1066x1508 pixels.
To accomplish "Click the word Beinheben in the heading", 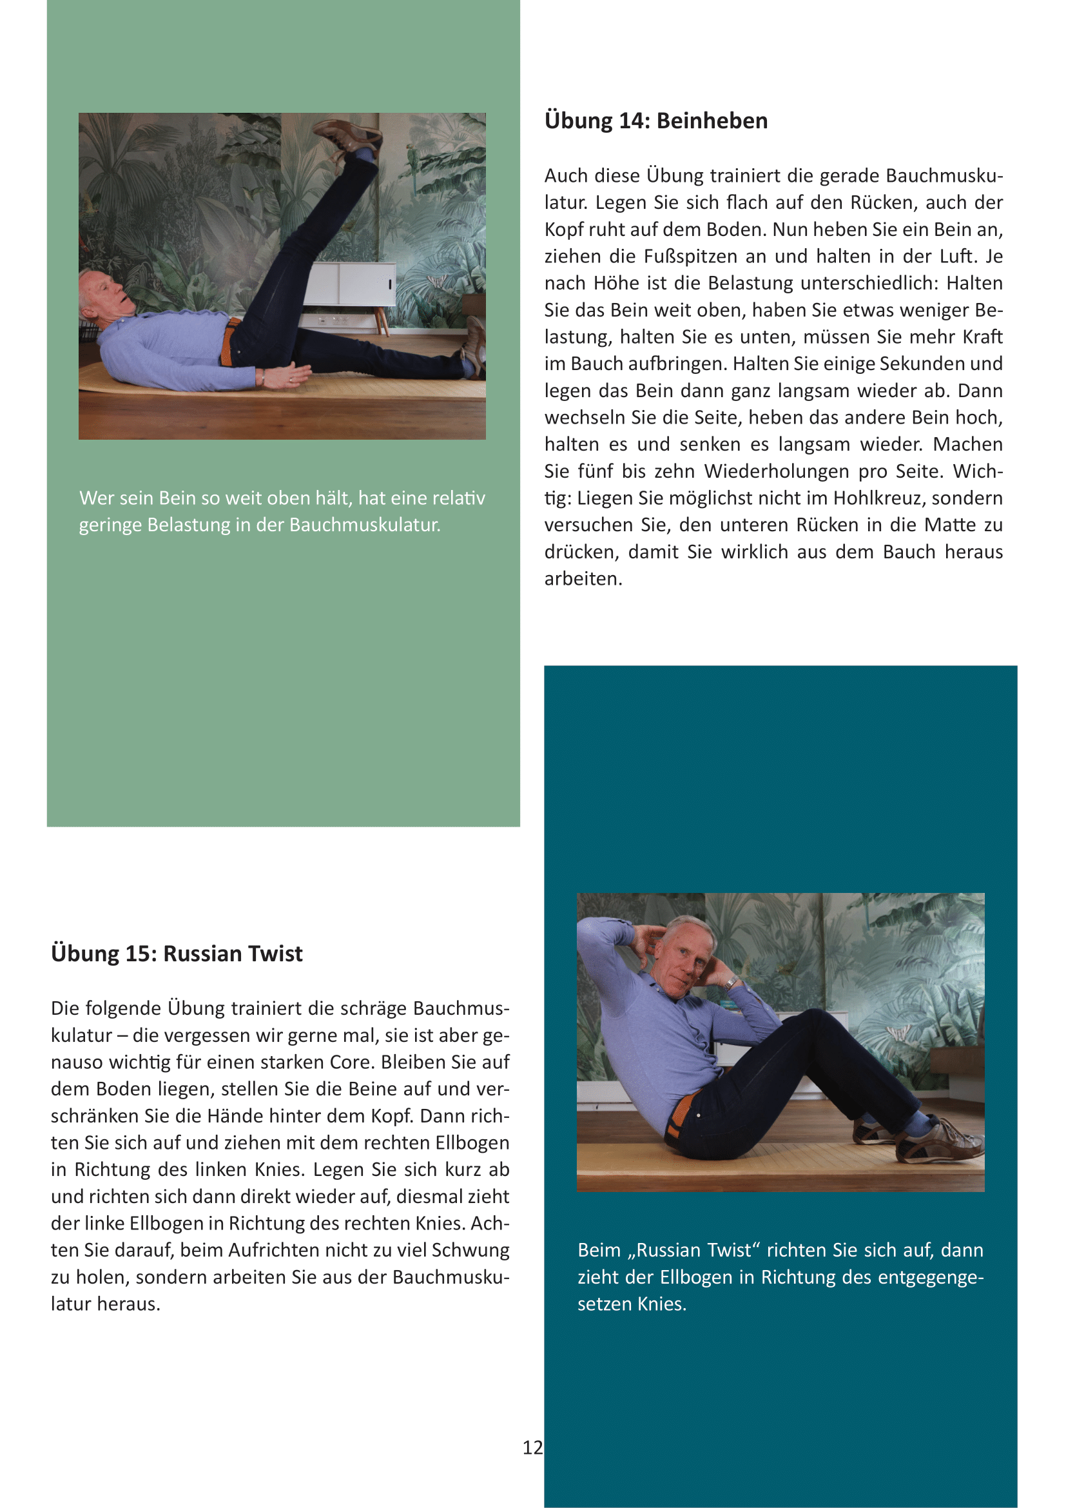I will pyautogui.click(x=712, y=121).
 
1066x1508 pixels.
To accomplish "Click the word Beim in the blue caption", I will pyautogui.click(x=599, y=1250).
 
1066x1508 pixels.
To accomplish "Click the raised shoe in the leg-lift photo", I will pyautogui.click(x=348, y=135).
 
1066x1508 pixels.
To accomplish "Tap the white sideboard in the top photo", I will pyautogui.click(x=351, y=284).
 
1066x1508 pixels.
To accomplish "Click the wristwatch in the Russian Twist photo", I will pyautogui.click(x=730, y=983).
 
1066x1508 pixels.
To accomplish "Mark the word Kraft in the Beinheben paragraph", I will pyautogui.click(x=982, y=337).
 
